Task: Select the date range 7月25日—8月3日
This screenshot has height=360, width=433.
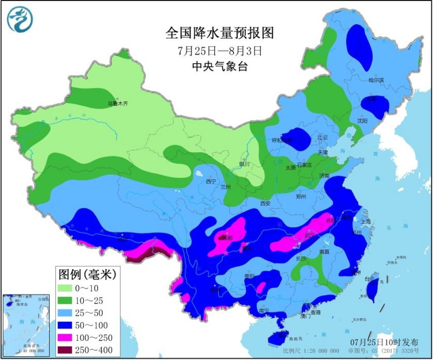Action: coord(220,51)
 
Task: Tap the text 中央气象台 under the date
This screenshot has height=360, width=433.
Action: coord(220,66)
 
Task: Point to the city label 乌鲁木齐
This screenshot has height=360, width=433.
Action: coord(117,104)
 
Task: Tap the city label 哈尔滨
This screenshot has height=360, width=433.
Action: coord(376,80)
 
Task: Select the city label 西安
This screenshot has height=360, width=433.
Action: coord(266,203)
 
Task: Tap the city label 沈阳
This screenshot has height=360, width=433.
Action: coord(362,120)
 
